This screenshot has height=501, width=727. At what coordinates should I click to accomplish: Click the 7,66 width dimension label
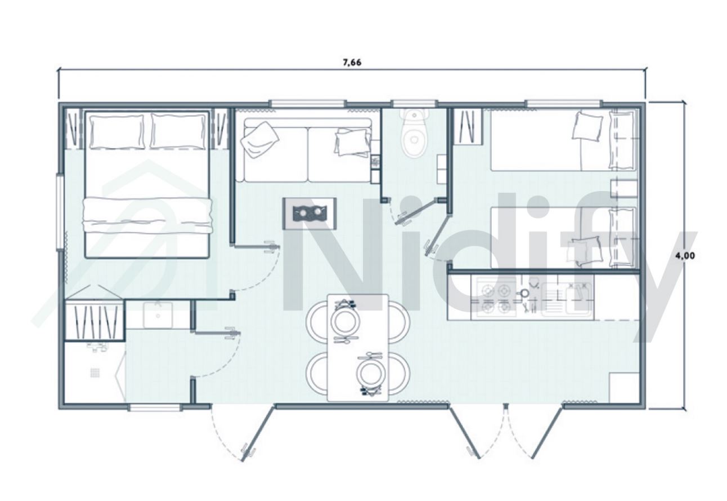(352, 62)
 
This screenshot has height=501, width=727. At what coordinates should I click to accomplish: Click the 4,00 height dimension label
(685, 255)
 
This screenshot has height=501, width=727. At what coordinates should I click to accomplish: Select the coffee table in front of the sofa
(309, 212)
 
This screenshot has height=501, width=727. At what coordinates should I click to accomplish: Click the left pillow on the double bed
(117, 132)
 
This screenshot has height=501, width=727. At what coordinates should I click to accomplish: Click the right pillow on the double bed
(178, 132)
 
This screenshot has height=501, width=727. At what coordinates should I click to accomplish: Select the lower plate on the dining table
(370, 373)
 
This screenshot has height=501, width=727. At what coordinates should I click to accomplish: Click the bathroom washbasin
(158, 314)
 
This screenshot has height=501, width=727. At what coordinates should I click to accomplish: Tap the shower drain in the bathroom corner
(95, 372)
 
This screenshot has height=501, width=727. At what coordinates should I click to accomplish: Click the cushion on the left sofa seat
(259, 139)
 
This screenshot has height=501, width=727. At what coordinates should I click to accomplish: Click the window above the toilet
(414, 103)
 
